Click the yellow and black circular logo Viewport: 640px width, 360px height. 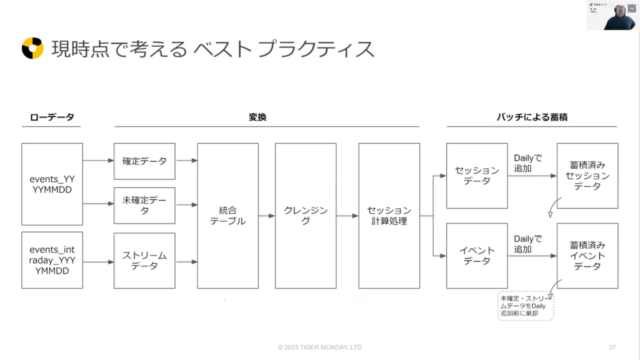click(x=32, y=48)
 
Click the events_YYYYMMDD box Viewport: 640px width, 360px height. click(x=52, y=184)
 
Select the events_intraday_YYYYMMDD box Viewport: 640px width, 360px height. click(x=52, y=260)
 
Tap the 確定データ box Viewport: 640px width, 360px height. click(x=144, y=161)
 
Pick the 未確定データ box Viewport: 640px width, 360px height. click(x=144, y=205)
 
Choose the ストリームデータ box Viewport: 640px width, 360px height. click(x=144, y=260)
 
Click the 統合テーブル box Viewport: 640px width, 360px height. click(x=227, y=216)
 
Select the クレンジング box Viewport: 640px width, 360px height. click(x=306, y=216)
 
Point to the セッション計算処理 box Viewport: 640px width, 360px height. click(x=389, y=216)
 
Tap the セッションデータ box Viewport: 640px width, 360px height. click(x=476, y=176)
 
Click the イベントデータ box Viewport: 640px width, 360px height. click(x=476, y=256)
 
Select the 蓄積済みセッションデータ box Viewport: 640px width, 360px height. click(x=587, y=176)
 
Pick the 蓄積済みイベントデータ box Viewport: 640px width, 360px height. click(x=587, y=256)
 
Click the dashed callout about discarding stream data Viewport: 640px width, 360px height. click(x=526, y=306)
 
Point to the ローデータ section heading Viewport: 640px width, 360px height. click(x=52, y=117)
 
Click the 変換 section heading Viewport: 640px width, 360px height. click(x=257, y=117)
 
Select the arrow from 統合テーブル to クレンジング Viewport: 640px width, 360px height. click(x=267, y=216)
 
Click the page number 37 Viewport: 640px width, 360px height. click(x=612, y=347)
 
